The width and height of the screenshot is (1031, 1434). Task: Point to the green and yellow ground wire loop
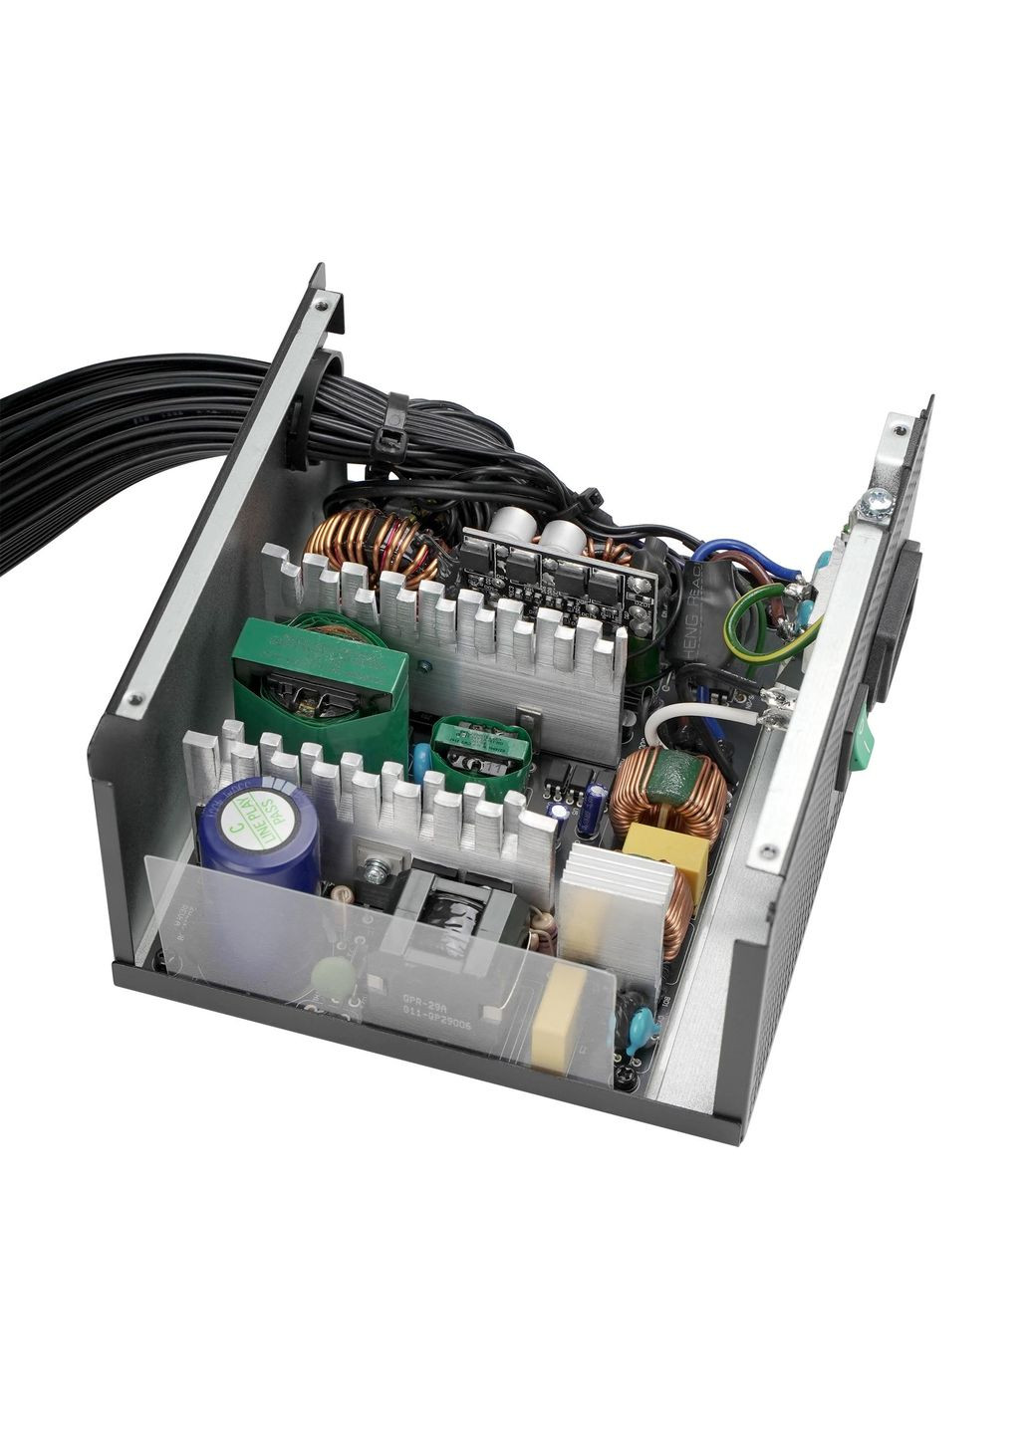[x=767, y=622]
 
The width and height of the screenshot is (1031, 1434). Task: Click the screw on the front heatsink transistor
[x=376, y=871]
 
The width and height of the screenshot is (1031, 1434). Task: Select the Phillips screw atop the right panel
[x=878, y=504]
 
